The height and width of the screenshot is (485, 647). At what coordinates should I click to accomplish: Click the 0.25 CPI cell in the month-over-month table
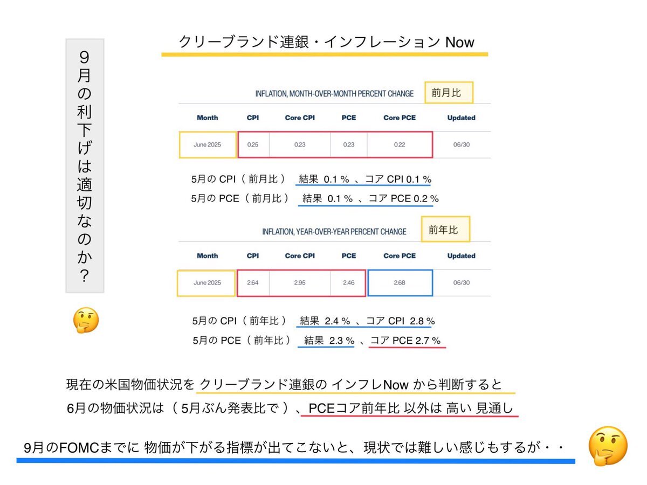point(253,144)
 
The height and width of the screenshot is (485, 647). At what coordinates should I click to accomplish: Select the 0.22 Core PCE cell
point(400,144)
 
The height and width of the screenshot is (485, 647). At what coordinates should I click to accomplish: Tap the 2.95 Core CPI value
point(299,283)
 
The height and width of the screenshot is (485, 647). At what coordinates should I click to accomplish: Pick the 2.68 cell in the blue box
point(400,283)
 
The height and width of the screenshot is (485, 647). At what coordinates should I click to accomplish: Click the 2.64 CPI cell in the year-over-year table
point(253,283)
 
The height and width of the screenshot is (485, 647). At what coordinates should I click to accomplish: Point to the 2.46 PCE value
point(349,283)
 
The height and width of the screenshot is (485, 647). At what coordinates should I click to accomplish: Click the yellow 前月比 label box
point(449,93)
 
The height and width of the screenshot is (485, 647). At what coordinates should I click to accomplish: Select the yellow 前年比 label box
point(445,230)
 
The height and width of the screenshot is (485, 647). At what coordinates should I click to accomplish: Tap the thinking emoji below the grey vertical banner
point(86,320)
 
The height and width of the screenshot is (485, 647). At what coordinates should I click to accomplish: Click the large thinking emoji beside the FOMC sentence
point(608,446)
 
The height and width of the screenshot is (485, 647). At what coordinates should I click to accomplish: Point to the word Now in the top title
point(459,42)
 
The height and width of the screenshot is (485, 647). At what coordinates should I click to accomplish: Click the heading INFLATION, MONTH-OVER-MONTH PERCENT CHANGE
point(334,94)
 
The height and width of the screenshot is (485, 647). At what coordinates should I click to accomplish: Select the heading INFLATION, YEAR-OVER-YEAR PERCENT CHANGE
point(334,232)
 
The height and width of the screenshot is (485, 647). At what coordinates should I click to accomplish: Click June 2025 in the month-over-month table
point(207,144)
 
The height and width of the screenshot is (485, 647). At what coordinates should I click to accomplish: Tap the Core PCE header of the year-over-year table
point(400,255)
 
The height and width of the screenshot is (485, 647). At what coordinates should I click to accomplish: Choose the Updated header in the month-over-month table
point(462,118)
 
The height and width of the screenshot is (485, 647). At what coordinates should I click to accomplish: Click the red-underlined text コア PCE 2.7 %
point(405,341)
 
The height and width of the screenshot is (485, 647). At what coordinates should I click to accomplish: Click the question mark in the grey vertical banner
point(84,275)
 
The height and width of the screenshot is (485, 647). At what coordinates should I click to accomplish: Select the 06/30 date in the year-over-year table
point(462,283)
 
